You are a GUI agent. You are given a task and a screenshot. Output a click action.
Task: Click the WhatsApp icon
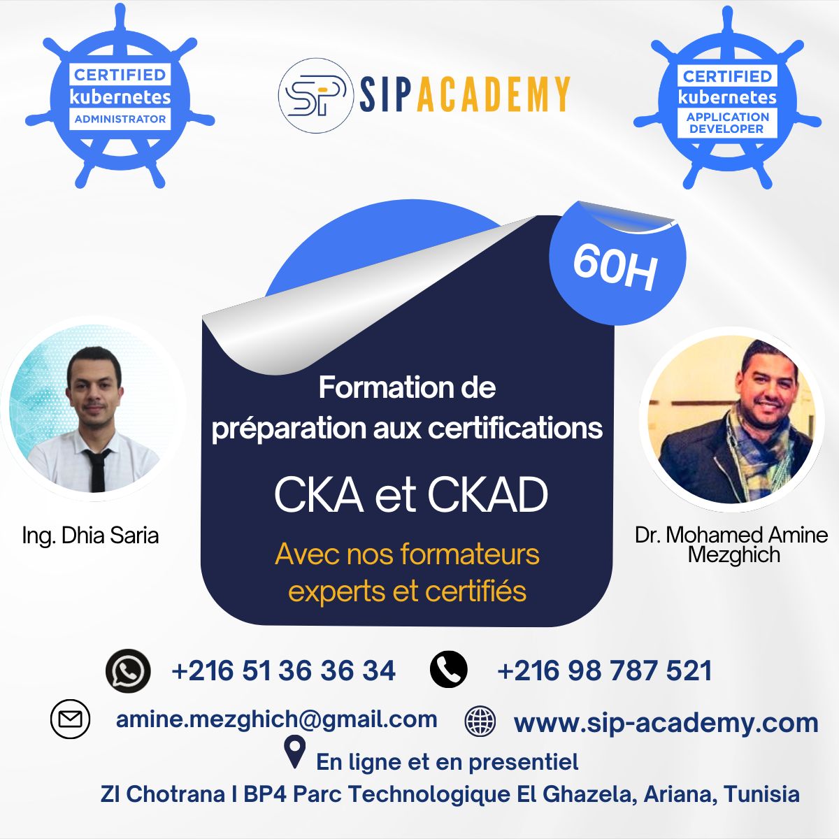pos(128,671)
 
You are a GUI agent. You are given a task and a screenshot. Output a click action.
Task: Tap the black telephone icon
pos(448,669)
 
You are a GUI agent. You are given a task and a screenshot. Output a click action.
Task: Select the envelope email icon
pos(70,719)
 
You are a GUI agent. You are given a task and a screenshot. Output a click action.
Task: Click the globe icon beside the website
pos(480,721)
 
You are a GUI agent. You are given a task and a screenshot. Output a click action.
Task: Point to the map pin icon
pos(294,752)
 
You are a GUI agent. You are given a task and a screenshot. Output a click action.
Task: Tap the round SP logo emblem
pos(315,95)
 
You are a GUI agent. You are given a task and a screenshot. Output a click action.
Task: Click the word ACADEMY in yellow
pos(493,94)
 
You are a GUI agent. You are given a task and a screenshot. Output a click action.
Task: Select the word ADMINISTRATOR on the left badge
pos(120,120)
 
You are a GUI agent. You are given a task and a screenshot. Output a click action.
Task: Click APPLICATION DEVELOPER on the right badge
pos(727,123)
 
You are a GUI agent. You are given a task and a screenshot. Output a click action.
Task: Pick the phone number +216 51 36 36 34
pos(283,671)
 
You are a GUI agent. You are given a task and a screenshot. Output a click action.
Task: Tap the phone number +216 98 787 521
pos(604,671)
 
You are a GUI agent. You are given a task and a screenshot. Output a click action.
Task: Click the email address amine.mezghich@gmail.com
pos(276,719)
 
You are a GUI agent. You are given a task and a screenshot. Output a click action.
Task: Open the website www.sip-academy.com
pos(666,723)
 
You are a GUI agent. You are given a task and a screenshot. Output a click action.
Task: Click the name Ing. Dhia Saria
pos(90,536)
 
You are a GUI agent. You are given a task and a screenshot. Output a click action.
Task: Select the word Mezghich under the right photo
pos(733,555)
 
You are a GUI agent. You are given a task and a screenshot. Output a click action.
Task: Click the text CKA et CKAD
pos(410,496)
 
